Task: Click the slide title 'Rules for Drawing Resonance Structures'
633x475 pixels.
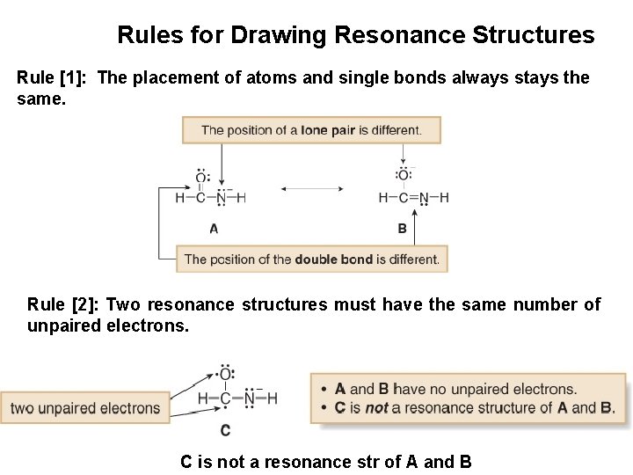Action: [355, 36]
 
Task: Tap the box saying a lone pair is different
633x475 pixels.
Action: [311, 130]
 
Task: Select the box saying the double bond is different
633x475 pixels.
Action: [311, 259]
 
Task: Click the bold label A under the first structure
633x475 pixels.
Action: [214, 228]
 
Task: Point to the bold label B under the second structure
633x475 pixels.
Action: [402, 228]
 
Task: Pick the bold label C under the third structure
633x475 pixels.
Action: [225, 430]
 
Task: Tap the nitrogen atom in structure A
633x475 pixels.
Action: [221, 198]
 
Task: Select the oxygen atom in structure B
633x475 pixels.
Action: [403, 175]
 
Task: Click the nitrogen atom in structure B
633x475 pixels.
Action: [425, 198]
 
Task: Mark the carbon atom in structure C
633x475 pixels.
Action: [225, 398]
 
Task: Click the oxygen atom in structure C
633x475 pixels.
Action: [225, 376]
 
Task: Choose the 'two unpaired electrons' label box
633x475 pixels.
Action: [85, 407]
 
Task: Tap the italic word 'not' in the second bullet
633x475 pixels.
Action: [376, 407]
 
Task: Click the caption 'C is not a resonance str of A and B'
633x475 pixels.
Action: [326, 461]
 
